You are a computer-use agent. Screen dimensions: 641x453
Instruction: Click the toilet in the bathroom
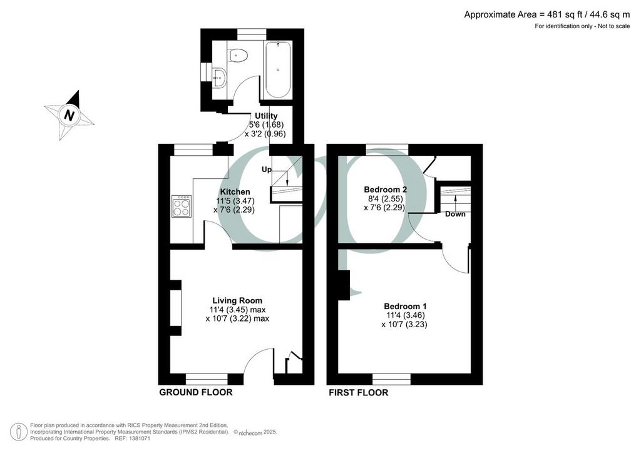click(238, 55)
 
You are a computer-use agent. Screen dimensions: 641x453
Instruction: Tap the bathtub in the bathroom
click(277, 69)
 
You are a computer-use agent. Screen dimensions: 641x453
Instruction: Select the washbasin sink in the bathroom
click(219, 76)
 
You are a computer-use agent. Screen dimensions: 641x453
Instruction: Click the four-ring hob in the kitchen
click(182, 206)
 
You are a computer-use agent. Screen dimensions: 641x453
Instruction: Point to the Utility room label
click(266, 116)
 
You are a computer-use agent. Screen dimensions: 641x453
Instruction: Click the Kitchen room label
click(235, 191)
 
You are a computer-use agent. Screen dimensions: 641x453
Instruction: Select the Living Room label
click(237, 300)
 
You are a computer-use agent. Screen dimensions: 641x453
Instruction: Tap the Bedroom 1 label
click(405, 306)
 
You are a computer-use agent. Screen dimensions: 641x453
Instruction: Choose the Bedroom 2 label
click(385, 190)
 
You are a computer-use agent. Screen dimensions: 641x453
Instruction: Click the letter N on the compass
click(69, 116)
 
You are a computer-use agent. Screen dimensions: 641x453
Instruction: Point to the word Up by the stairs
click(266, 170)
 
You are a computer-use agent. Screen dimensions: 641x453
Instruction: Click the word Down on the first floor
click(456, 214)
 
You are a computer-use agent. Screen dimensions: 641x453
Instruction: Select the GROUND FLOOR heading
click(196, 392)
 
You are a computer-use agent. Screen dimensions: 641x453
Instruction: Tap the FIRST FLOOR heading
click(359, 393)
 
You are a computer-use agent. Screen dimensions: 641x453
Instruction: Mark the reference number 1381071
click(138, 438)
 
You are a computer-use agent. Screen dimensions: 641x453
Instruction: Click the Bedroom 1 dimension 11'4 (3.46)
click(406, 315)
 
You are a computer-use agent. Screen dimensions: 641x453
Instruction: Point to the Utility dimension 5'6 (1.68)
click(266, 125)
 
